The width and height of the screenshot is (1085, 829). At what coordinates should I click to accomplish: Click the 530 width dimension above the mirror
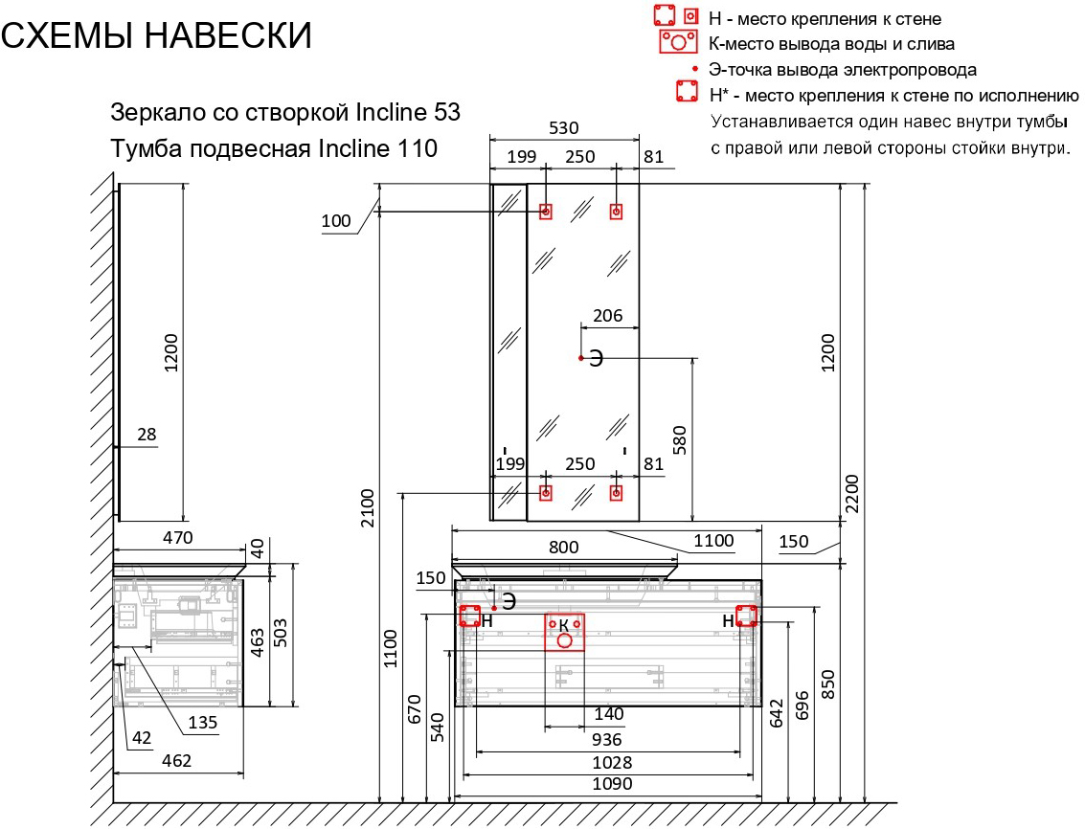click(563, 128)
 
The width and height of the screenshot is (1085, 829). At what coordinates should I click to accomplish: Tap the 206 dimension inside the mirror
click(607, 316)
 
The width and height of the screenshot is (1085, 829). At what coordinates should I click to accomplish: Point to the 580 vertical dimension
click(680, 440)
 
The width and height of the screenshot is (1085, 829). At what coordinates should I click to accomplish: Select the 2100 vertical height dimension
click(367, 508)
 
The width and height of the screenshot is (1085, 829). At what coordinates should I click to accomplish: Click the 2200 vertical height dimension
click(851, 493)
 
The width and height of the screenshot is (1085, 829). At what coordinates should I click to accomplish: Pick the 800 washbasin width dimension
click(563, 548)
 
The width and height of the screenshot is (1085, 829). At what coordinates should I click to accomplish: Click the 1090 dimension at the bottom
click(612, 784)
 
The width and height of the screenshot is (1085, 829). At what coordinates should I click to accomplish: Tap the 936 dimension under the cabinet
click(607, 740)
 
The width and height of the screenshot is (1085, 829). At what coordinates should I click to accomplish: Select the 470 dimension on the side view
click(177, 538)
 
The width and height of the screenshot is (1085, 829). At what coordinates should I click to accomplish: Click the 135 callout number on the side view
click(203, 723)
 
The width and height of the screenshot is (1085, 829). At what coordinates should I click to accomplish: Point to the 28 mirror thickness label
click(147, 435)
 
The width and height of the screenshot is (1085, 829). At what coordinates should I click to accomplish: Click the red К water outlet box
click(565, 632)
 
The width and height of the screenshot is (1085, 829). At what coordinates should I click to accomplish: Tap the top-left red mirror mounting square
click(546, 211)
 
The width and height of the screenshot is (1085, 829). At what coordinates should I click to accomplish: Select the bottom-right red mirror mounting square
click(616, 493)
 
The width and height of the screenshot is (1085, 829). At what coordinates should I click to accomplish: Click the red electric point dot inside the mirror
click(581, 358)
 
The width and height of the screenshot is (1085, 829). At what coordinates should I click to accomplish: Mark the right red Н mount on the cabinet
click(746, 616)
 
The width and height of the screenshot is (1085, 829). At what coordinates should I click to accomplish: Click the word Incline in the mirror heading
click(391, 112)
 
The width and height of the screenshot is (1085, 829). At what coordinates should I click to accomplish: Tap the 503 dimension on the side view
click(281, 633)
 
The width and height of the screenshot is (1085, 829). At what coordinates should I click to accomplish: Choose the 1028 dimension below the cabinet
click(612, 763)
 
